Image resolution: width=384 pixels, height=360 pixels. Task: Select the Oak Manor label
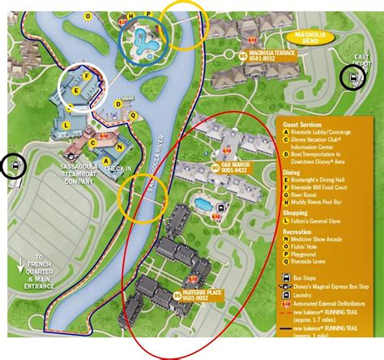point(236,169)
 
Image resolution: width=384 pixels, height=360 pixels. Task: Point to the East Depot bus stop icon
point(352,79)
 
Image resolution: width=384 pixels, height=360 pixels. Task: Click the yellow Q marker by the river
point(133,114)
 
